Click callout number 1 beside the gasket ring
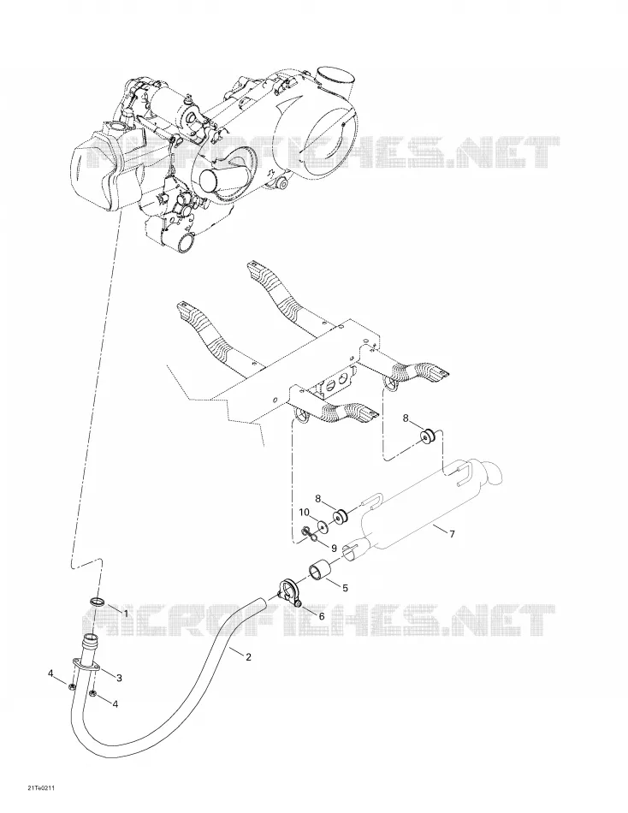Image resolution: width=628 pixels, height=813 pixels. (125, 614)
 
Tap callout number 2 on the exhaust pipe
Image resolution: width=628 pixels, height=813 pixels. (248, 657)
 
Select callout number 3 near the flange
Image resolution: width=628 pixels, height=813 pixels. (119, 678)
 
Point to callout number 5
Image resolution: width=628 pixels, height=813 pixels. (345, 587)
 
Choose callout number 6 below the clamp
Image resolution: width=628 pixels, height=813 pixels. (322, 616)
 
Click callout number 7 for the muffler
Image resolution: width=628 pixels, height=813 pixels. (452, 533)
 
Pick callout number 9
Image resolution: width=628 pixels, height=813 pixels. (334, 548)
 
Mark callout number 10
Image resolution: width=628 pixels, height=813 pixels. (304, 513)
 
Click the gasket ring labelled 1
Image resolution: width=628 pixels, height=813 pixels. (97, 602)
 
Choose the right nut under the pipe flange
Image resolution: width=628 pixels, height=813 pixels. (92, 693)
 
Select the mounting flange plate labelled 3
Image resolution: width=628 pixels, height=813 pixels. (86, 667)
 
